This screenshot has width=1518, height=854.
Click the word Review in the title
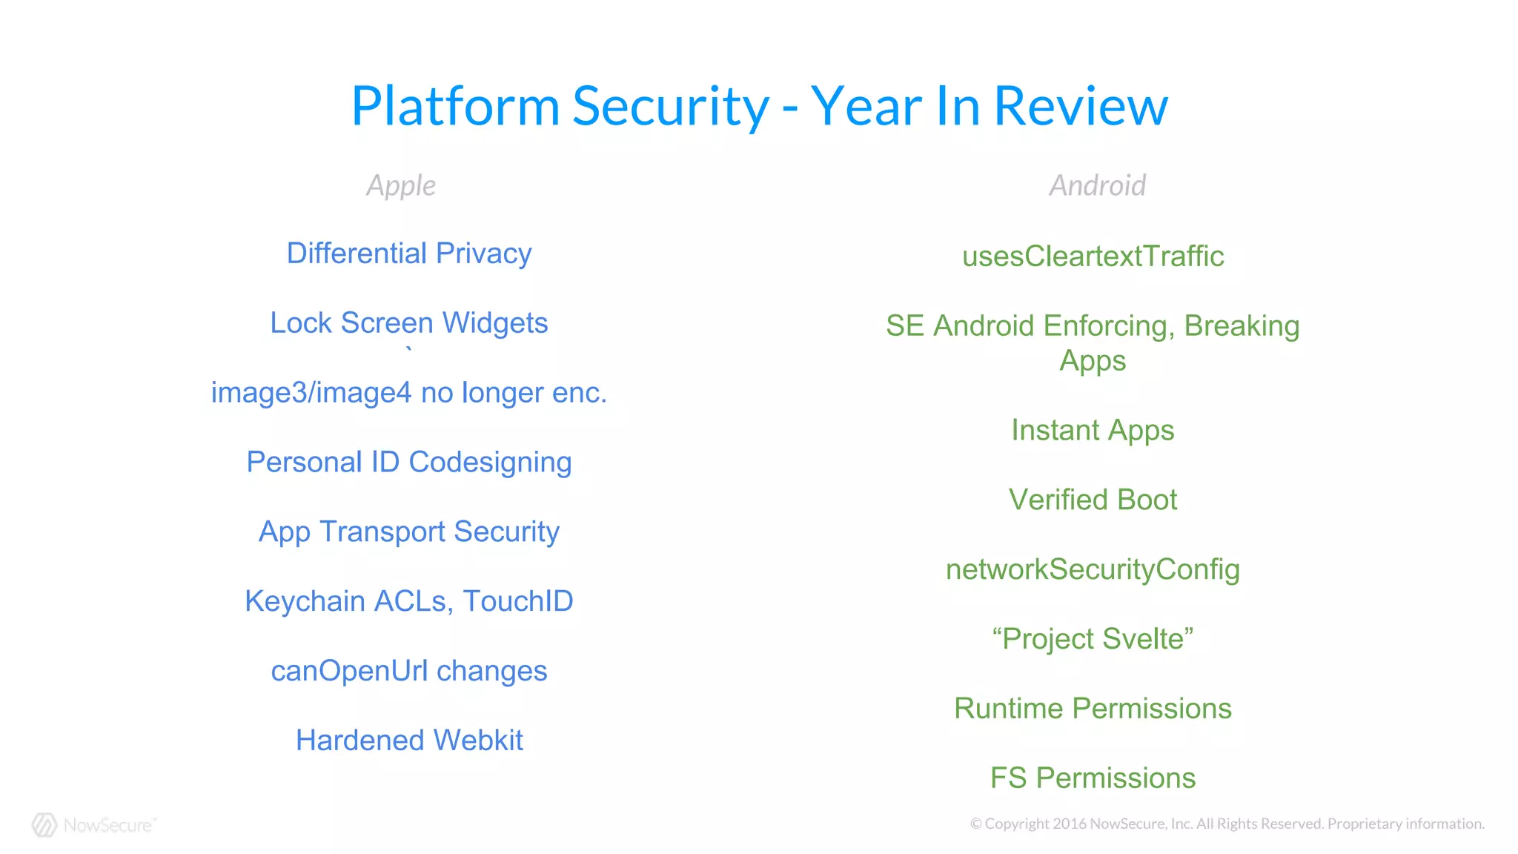pos(1080,106)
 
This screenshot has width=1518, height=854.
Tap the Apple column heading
pos(401,185)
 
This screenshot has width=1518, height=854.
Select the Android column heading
pos(1097,185)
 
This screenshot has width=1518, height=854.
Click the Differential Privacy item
pos(409,254)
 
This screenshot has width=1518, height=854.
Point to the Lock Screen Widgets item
pos(409,323)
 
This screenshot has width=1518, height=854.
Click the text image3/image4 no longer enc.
pos(409,393)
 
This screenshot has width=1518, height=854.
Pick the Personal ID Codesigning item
pos(409,463)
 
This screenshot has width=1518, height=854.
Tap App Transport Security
pos(409,532)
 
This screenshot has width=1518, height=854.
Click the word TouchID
pos(518,601)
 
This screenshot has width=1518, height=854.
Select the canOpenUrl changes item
pos(409,671)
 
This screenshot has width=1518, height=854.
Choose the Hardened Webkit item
pos(409,741)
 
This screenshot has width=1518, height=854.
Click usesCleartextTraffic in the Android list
pos(1093,256)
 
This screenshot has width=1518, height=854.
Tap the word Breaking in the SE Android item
pos(1242,326)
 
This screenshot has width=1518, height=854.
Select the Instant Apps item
pos(1093,431)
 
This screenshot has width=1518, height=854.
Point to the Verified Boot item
pos(1093,500)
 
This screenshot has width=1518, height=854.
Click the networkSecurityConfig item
pos(1093,570)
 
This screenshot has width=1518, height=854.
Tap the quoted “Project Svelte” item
pos(1093,639)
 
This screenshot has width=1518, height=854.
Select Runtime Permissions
pos(1093,709)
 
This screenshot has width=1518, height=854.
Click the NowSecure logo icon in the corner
pos(44,825)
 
